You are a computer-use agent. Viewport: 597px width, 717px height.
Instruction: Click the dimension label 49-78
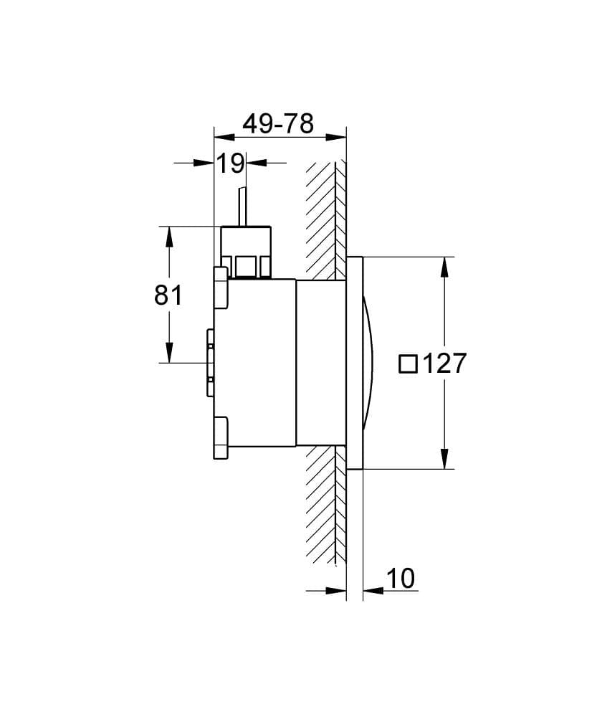pyautogui.click(x=278, y=123)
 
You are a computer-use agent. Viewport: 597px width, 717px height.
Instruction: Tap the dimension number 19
pyautogui.click(x=230, y=163)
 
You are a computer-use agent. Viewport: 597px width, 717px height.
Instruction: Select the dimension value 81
pyautogui.click(x=168, y=295)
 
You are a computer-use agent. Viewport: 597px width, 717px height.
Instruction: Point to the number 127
pyautogui.click(x=444, y=364)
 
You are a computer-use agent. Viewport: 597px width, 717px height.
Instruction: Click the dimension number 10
pyautogui.click(x=401, y=578)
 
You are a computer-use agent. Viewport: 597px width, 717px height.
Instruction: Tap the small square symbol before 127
pyautogui.click(x=408, y=364)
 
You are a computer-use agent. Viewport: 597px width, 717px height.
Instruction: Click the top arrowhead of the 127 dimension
pyautogui.click(x=444, y=267)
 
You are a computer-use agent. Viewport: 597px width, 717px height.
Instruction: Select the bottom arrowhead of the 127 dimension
pyautogui.click(x=444, y=458)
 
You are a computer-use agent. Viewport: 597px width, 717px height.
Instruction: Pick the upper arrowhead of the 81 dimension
pyautogui.click(x=170, y=237)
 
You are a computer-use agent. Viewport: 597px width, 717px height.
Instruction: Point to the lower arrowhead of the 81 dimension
pyautogui.click(x=170, y=352)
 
